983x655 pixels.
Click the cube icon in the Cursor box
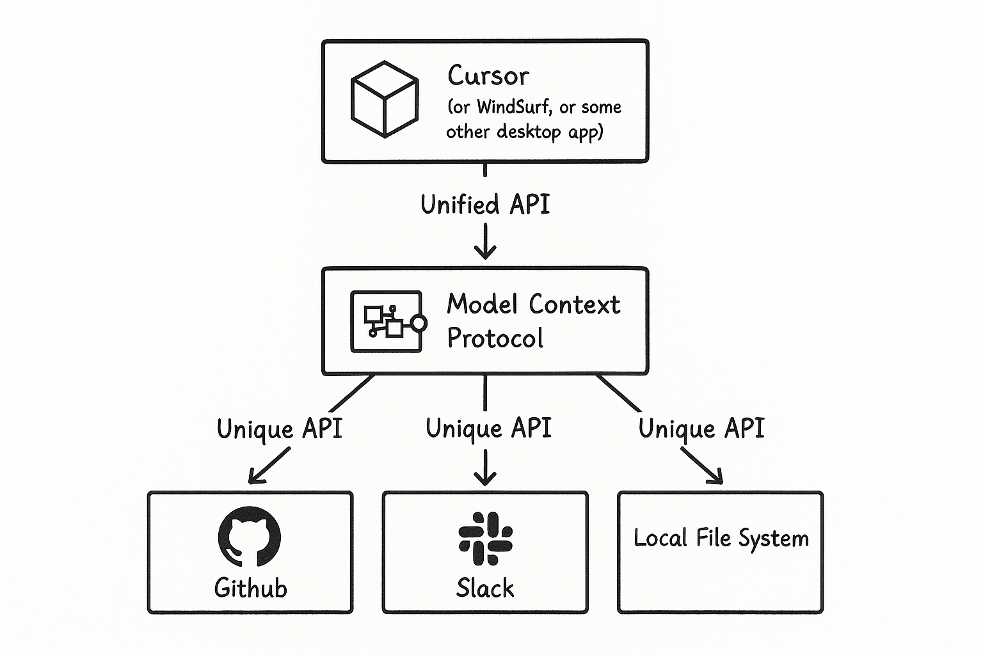pyautogui.click(x=385, y=99)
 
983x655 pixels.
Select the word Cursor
pyautogui.click(x=488, y=75)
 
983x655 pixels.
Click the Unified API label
pyautogui.click(x=485, y=205)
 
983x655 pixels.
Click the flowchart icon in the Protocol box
pyautogui.click(x=388, y=322)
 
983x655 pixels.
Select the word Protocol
pyautogui.click(x=495, y=338)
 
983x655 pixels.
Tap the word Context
pyautogui.click(x=574, y=304)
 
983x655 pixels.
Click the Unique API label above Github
pyautogui.click(x=280, y=429)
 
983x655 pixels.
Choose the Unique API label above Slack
pyautogui.click(x=488, y=428)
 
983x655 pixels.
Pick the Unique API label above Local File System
pyautogui.click(x=701, y=428)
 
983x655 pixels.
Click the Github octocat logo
pyautogui.click(x=249, y=537)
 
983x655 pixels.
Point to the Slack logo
pyautogui.click(x=485, y=539)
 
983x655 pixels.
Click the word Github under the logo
pyautogui.click(x=251, y=588)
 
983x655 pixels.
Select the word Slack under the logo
pyautogui.click(x=485, y=588)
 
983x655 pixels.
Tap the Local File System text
pyautogui.click(x=721, y=539)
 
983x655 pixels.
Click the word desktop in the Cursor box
pyautogui.click(x=529, y=132)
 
